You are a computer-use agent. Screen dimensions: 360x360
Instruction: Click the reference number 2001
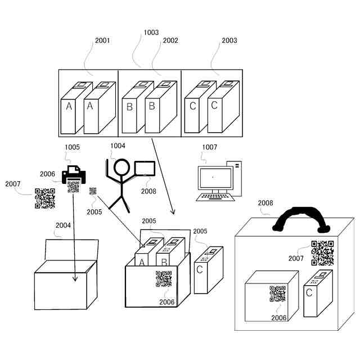[102, 40]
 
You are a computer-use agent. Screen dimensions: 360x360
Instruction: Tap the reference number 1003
[151, 33]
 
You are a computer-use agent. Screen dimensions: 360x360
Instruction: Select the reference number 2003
[229, 40]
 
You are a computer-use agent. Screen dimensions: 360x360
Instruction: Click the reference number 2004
[63, 226]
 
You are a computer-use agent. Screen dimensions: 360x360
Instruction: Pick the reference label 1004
[118, 146]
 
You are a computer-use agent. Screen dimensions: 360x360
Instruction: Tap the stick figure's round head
[121, 168]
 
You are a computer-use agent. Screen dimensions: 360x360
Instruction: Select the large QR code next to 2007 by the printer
[45, 199]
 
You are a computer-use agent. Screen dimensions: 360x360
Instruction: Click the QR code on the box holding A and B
[164, 279]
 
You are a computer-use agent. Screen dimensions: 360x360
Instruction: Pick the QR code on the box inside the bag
[277, 294]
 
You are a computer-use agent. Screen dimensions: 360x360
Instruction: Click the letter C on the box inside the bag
[309, 292]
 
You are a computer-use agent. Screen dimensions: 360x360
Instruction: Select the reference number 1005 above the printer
[73, 147]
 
